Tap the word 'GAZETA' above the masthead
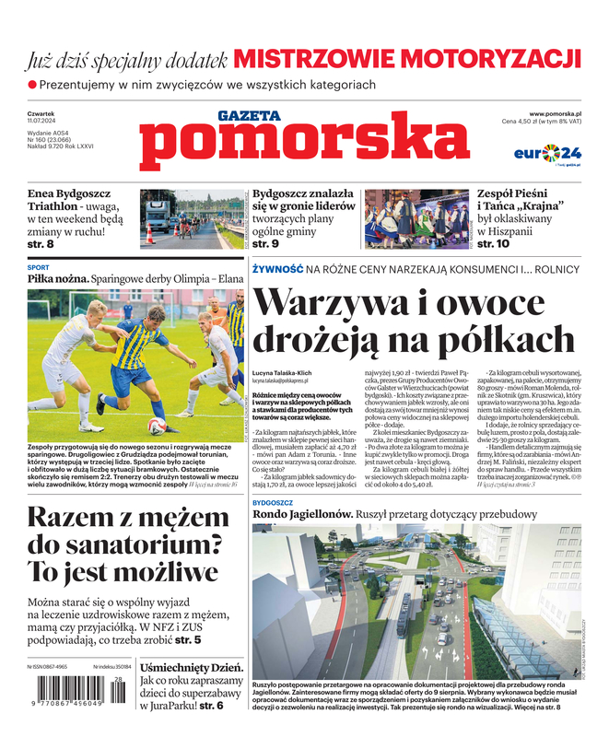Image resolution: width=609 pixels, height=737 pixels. (249, 116)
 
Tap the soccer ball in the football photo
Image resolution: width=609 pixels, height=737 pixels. (157, 427)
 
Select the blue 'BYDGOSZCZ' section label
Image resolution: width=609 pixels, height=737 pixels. (273, 504)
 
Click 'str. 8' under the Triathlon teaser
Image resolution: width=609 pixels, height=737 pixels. (38, 244)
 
